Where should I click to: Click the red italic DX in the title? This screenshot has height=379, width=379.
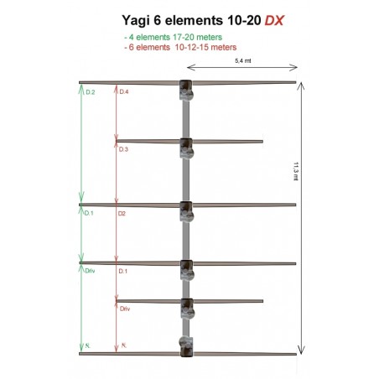pos(275,21)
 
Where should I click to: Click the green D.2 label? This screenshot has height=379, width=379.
pos(90,91)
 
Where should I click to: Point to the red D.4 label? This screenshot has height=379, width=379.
pos(124,91)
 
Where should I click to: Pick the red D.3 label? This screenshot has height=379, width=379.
pos(124,148)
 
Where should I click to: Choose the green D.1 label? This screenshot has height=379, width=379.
pos(90,214)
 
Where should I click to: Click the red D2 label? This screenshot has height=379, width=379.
pos(122,214)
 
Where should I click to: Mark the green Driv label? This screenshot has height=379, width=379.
pos(91,272)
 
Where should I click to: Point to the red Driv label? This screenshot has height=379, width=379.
pos(125,309)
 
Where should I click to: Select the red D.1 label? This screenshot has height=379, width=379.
pos(123,272)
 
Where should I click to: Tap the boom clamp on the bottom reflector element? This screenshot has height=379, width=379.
pos(186,345)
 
